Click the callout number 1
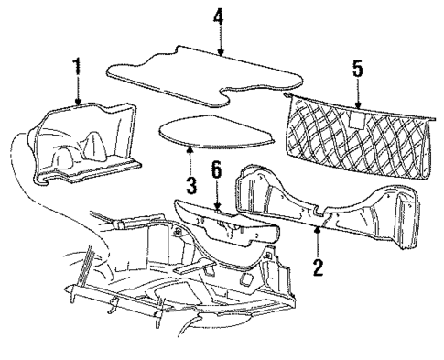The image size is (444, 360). [78, 69]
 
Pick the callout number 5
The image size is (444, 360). [356, 69]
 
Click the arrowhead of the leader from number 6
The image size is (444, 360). [217, 208]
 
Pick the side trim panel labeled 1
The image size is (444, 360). [87, 147]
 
